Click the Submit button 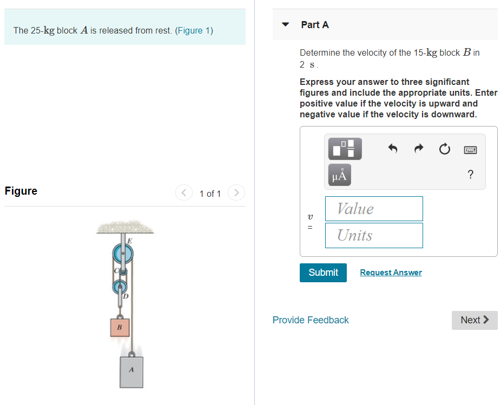[323, 273]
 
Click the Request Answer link [391, 273]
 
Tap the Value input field [373, 209]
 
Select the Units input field [373, 235]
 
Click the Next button [474, 320]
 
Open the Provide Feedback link [311, 320]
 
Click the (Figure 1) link [194, 30]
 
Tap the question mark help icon [470, 174]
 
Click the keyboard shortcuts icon [470, 149]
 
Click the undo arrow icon [393, 149]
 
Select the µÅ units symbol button [339, 175]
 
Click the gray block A [131, 371]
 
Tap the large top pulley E [123, 253]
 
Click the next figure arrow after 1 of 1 [236, 192]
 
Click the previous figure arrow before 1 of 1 [184, 192]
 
